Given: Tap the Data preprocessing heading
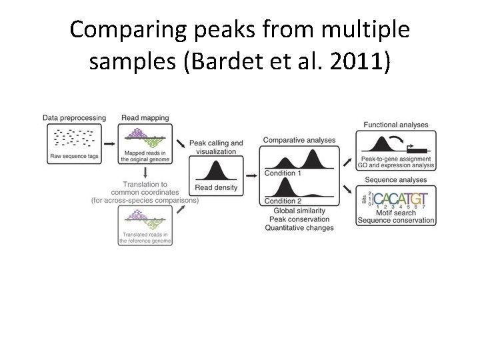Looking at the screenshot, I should [x=74, y=118].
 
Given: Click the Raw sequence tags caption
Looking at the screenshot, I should [x=74, y=157].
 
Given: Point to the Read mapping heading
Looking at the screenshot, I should [x=145, y=118].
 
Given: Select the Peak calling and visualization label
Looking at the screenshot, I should [x=216, y=147].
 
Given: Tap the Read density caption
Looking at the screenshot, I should [x=215, y=188].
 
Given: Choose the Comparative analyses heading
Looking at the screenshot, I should [x=299, y=140].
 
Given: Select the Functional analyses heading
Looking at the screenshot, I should [x=395, y=125].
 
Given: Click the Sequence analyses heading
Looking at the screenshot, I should [x=395, y=180].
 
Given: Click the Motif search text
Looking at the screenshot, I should [x=396, y=213].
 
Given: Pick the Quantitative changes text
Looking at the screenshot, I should [x=299, y=228].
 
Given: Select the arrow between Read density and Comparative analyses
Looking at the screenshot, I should [x=251, y=175].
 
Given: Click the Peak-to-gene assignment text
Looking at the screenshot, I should [x=395, y=161].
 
